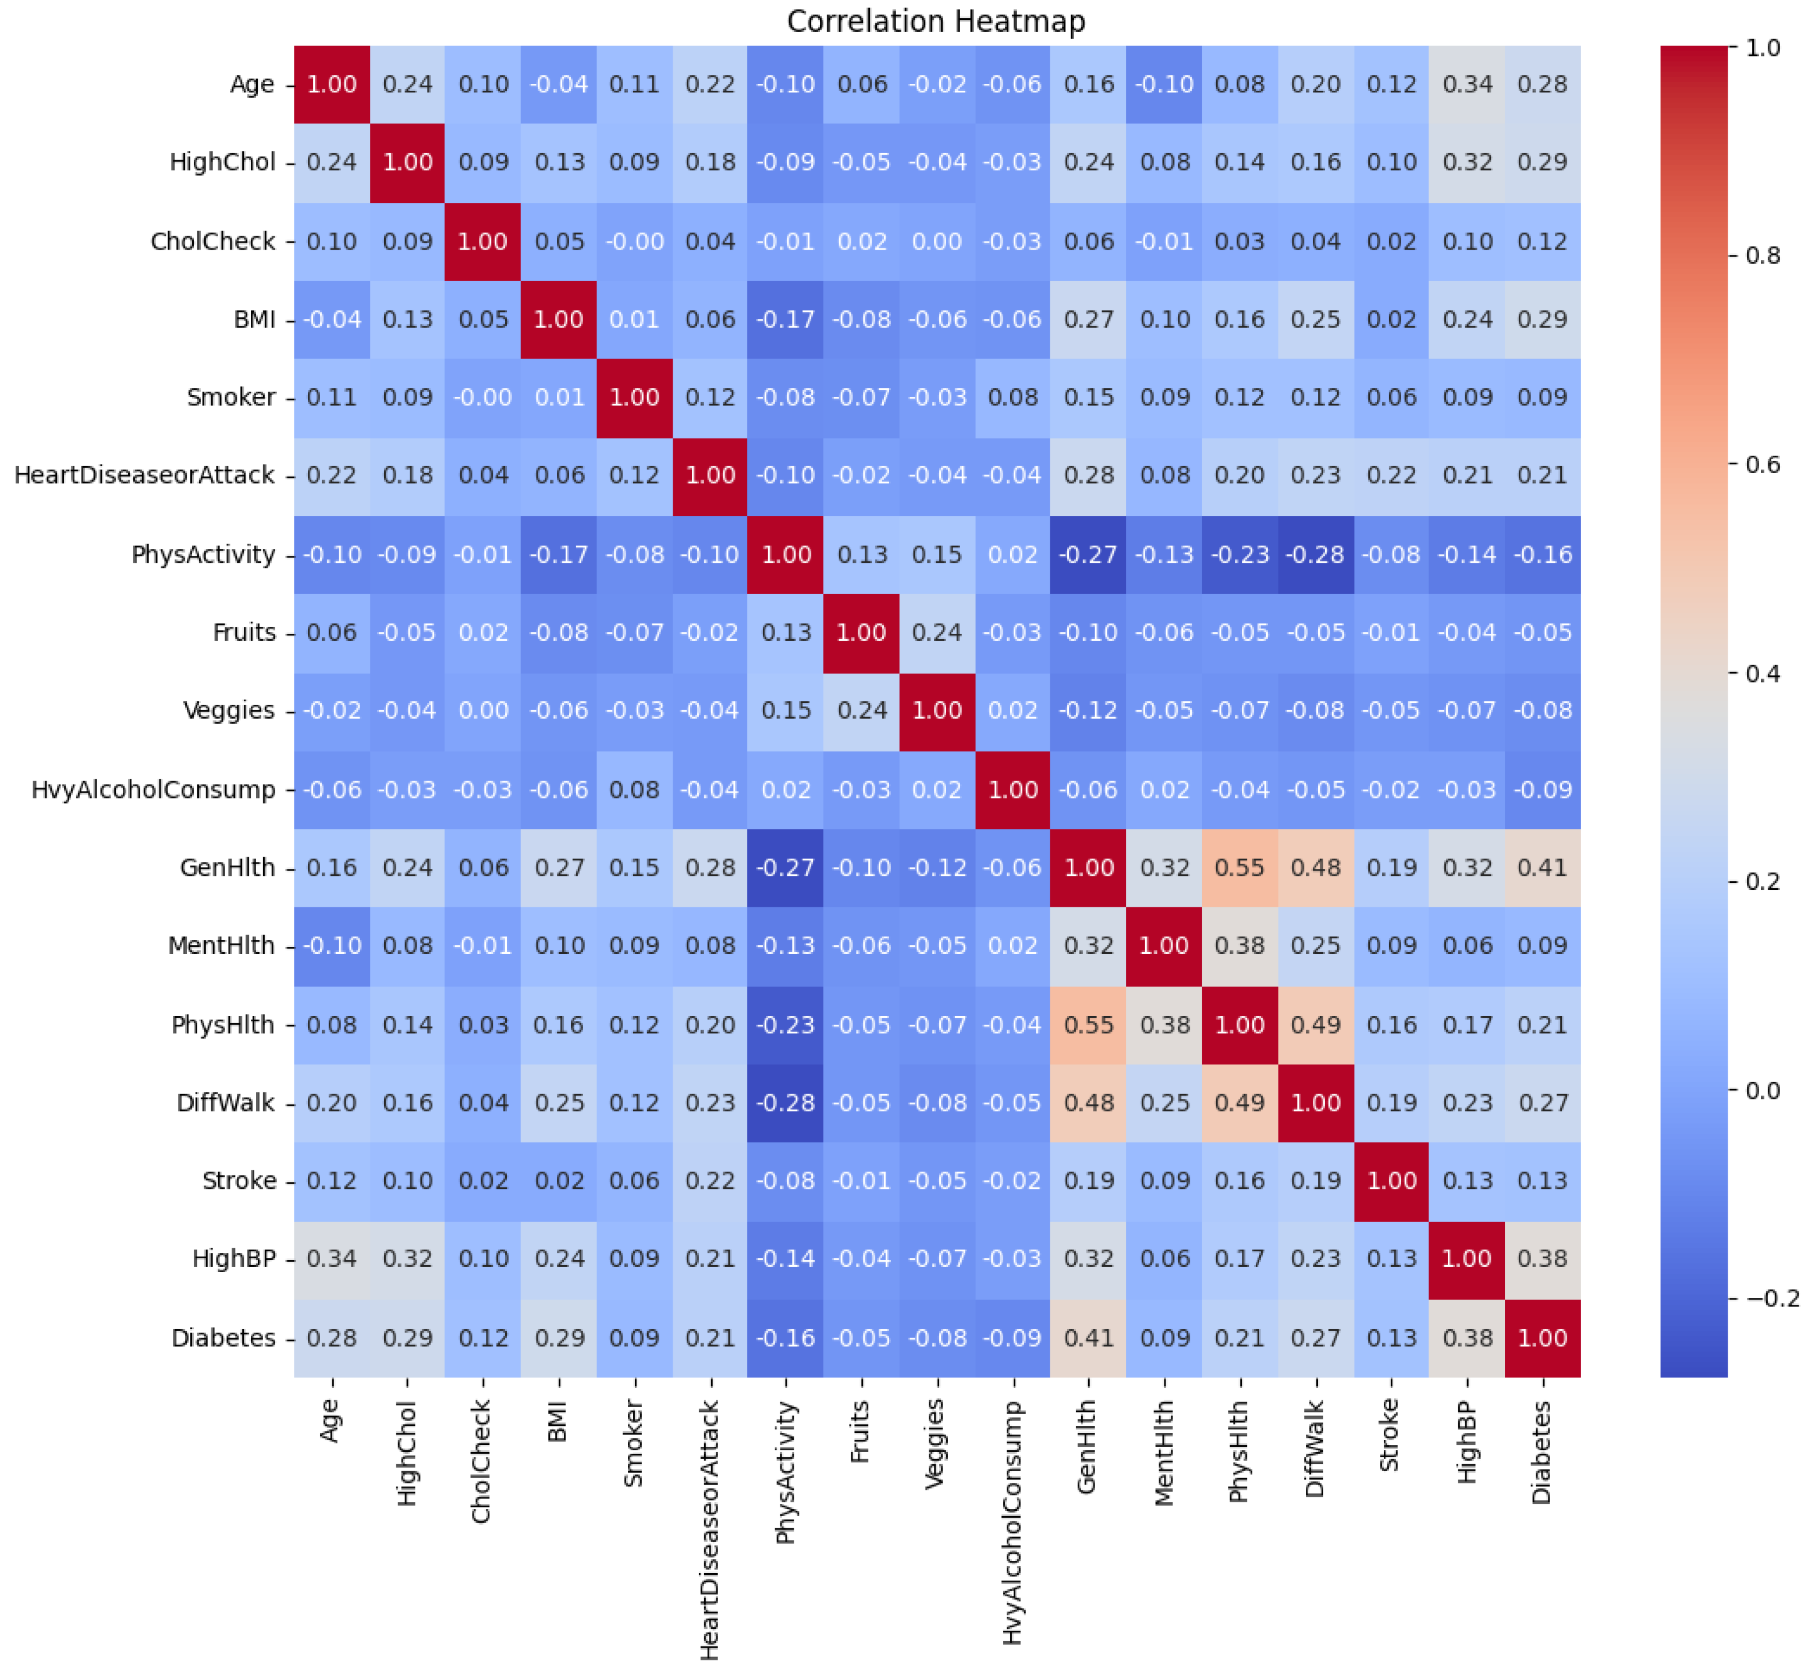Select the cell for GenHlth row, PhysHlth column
pyautogui.click(x=1239, y=868)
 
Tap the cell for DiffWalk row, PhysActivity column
pyautogui.click(x=785, y=1103)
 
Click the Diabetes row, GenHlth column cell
pyautogui.click(x=1088, y=1338)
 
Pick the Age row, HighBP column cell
pyautogui.click(x=1466, y=84)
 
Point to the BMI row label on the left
pyautogui.click(x=254, y=320)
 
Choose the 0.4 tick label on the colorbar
pyautogui.click(x=1761, y=673)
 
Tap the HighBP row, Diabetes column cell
pyautogui.click(x=1542, y=1259)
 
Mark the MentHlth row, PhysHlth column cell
pyautogui.click(x=1239, y=946)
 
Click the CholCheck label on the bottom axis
pyautogui.click(x=482, y=1461)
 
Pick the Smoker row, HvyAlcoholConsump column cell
pyautogui.click(x=1013, y=397)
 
